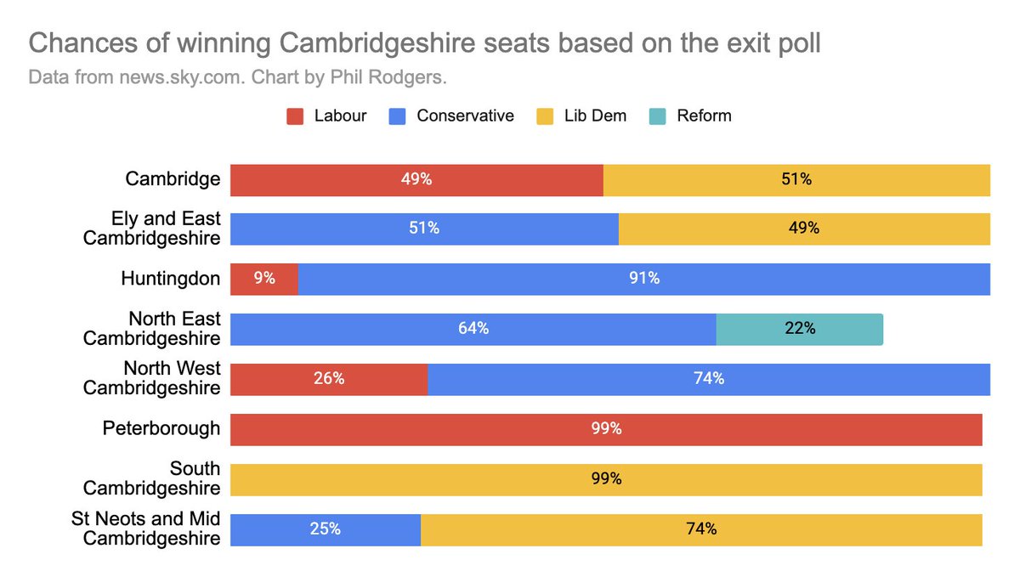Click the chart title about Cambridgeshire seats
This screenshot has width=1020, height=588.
424,43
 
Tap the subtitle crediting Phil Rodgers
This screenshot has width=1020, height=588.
237,77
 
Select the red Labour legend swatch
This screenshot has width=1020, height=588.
295,116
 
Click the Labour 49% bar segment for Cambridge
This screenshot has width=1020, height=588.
416,179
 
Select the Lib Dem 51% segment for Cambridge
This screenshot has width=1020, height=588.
796,179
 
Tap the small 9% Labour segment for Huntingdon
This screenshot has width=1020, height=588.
264,279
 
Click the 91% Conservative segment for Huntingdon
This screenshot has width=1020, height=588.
643,279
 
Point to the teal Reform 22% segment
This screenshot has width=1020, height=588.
799,329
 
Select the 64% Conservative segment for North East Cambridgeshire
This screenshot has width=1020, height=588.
473,329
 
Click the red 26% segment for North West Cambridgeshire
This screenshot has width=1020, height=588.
329,379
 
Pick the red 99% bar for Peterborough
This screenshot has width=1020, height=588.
606,429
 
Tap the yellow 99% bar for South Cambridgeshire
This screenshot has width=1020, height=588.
606,479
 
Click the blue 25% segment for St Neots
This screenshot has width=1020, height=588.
326,529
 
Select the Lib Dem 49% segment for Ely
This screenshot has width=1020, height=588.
803,229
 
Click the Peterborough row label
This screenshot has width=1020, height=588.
161,428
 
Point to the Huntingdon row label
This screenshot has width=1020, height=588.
170,279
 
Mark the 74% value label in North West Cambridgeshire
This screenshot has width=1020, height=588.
708,379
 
